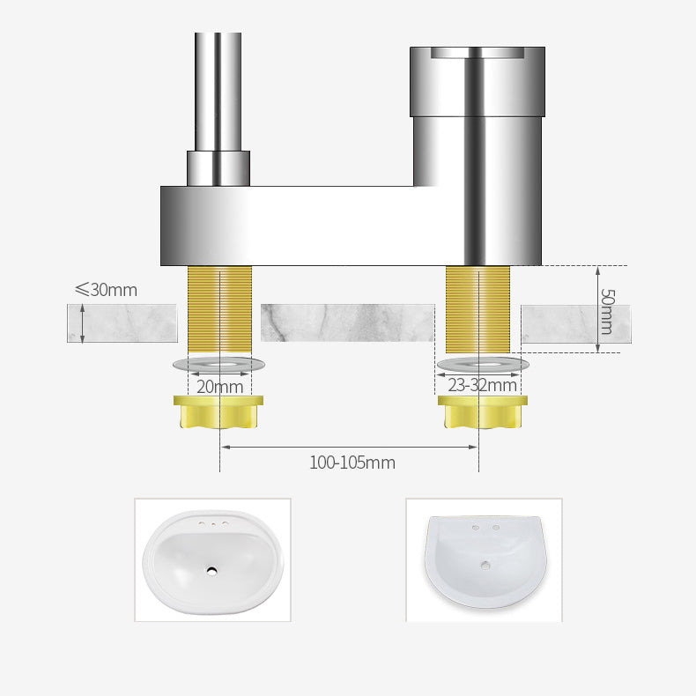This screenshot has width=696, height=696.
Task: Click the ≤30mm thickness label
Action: pos(106,290)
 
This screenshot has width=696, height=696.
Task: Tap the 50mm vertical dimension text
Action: pos(607,311)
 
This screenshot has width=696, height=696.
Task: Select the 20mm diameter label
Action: pos(219,386)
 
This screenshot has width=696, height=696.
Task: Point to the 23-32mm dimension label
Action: pos(482,385)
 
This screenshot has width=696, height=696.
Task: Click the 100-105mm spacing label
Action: pos(352,463)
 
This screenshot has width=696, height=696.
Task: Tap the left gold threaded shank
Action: pos(219,308)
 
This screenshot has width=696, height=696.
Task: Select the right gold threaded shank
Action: pos(478,308)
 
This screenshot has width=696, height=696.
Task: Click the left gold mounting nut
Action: pos(219,411)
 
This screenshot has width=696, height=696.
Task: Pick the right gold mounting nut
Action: pos(483,411)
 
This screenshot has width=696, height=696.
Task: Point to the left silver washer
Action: pos(219,364)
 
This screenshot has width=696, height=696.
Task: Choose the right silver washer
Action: pos(483,364)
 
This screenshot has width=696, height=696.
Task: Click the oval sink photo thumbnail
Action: pos(212,559)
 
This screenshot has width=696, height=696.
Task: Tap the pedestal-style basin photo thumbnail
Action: pos(484,559)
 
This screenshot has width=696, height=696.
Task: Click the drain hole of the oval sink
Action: pos(212,570)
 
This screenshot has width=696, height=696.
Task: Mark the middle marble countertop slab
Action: pos(348,322)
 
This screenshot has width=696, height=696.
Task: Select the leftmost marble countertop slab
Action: pos(122,322)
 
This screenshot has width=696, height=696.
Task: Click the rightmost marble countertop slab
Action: pos(575,323)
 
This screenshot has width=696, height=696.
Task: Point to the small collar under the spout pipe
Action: pos(218,167)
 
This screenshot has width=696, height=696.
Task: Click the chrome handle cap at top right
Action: pos(478,81)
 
